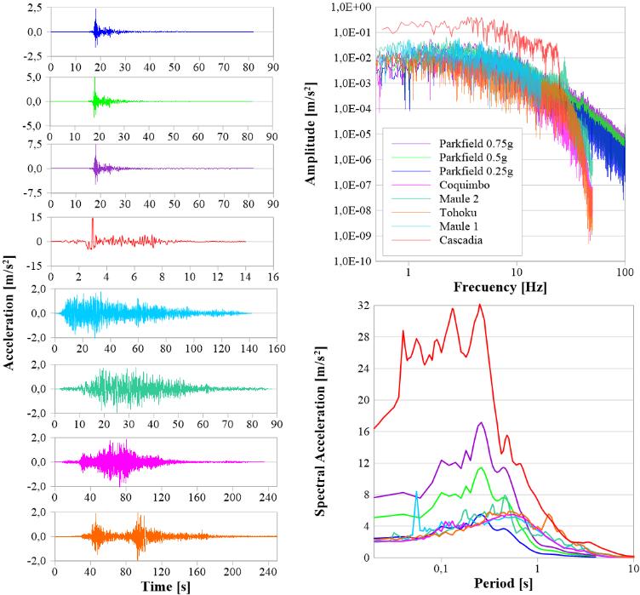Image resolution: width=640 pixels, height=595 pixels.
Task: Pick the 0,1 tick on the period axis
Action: tap(440, 570)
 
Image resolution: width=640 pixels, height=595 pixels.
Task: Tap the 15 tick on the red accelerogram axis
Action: tap(37, 218)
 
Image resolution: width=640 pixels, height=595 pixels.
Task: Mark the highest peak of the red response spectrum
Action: tap(480, 305)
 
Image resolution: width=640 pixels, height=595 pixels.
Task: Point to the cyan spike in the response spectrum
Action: tap(416, 494)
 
